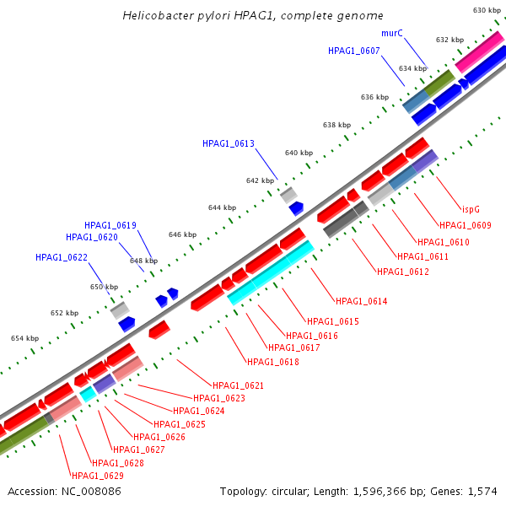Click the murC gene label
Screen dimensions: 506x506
click(392, 33)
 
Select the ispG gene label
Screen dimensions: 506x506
click(471, 208)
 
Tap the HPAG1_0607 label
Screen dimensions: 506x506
click(354, 51)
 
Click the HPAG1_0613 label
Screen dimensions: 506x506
click(228, 143)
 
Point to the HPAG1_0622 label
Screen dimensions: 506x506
click(61, 257)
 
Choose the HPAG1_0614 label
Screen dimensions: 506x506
click(362, 301)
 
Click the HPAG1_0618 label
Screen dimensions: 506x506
click(272, 362)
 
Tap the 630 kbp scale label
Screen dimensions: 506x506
click(487, 10)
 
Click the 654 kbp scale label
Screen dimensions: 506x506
click(25, 338)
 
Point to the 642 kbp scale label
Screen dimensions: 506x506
click(261, 180)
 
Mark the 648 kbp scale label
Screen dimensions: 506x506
click(143, 261)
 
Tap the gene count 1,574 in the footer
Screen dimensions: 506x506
click(482, 491)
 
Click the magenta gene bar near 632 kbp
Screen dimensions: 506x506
click(474, 57)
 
